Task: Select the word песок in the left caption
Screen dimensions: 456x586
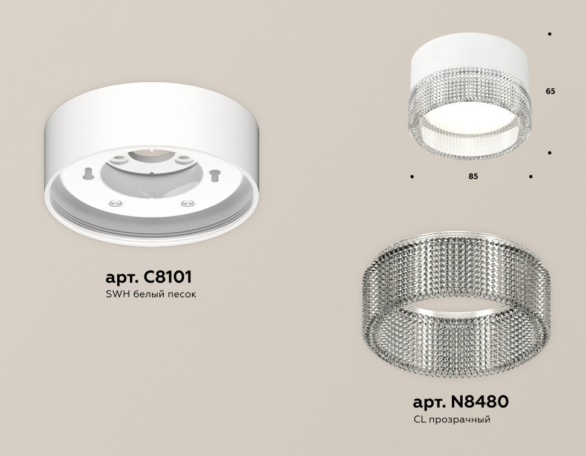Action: pyautogui.click(x=182, y=295)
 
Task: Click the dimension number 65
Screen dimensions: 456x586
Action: pyautogui.click(x=550, y=91)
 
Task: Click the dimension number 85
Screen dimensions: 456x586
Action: pyautogui.click(x=473, y=177)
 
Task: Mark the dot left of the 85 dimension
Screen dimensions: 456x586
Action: pyautogui.click(x=411, y=177)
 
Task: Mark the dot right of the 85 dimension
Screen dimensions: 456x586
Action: pyautogui.click(x=530, y=177)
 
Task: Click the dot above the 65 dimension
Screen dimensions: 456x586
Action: pyautogui.click(x=549, y=34)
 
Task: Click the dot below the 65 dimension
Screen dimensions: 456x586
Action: pyautogui.click(x=549, y=154)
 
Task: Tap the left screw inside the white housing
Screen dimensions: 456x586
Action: pyautogui.click(x=113, y=204)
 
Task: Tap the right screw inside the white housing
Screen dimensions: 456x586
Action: pyautogui.click(x=187, y=203)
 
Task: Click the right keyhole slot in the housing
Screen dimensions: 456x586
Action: pyautogui.click(x=214, y=175)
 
